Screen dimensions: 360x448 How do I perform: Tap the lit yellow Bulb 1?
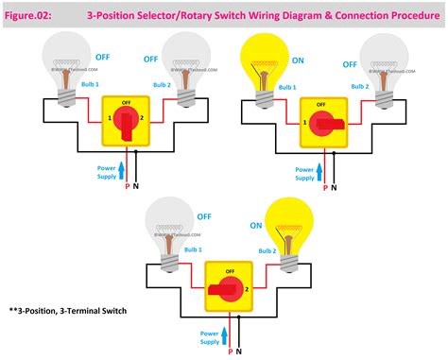pyautogui.click(x=267, y=63)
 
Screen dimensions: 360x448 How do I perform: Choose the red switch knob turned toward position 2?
pyautogui.click(x=228, y=284)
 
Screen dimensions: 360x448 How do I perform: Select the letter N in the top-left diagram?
pyautogui.click(x=136, y=187)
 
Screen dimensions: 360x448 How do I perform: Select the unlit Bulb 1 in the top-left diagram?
pyautogui.click(x=65, y=62)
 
